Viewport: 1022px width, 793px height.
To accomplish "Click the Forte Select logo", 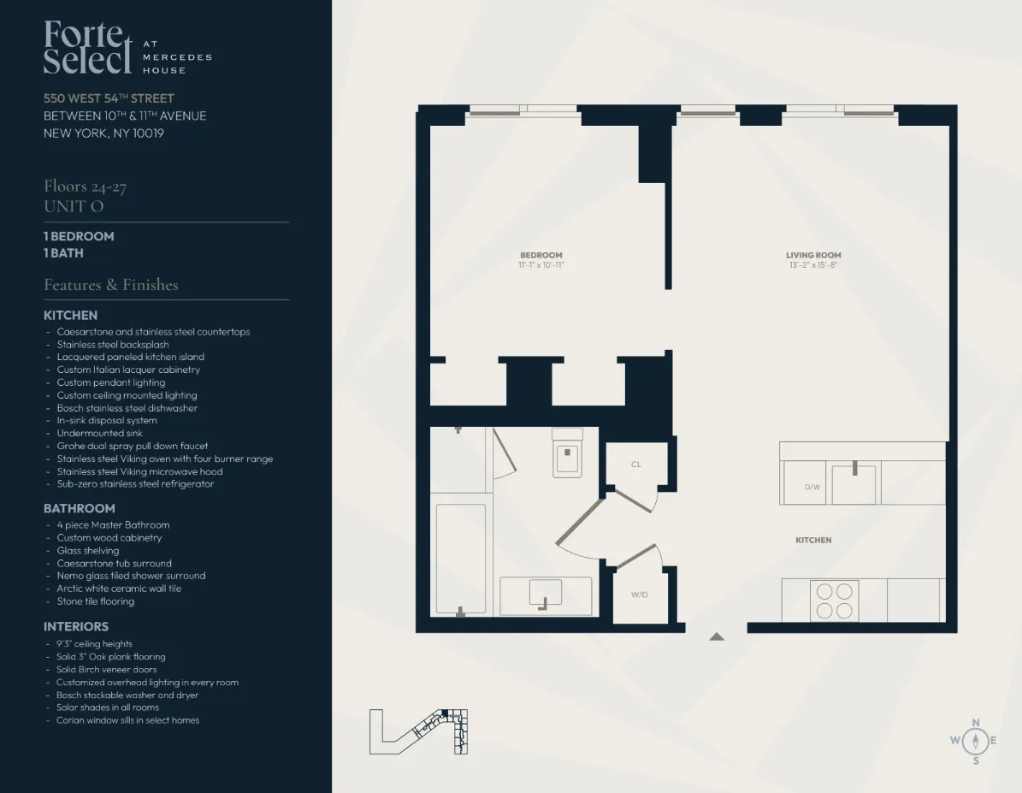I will (x=88, y=49).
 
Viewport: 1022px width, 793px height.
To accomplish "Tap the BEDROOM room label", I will (x=541, y=255).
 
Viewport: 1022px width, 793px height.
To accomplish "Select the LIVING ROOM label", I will (x=813, y=255).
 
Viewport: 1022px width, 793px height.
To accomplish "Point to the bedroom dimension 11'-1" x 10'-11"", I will (x=541, y=265).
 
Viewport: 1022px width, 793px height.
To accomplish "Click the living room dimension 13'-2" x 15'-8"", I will (x=813, y=265).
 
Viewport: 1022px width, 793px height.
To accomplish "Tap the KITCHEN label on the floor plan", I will (x=813, y=540).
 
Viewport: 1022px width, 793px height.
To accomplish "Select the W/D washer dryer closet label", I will (x=639, y=595).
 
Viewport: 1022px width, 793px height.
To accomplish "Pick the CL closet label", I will (x=636, y=465).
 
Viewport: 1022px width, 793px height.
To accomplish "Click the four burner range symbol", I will (x=834, y=601).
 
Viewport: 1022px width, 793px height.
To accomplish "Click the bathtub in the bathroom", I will (x=461, y=558).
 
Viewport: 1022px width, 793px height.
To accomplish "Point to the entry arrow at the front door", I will (x=717, y=636).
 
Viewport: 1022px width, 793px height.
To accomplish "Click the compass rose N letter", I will (x=976, y=722).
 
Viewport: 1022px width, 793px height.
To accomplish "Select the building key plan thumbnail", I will (x=419, y=732).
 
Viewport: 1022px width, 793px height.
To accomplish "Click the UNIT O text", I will (x=74, y=206).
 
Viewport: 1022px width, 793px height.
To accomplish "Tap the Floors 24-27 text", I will (x=86, y=186).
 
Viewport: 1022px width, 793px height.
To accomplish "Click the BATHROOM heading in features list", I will (x=80, y=508).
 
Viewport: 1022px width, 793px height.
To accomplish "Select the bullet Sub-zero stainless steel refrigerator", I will (x=135, y=484).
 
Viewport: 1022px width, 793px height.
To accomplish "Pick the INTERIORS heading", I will (x=76, y=627).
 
